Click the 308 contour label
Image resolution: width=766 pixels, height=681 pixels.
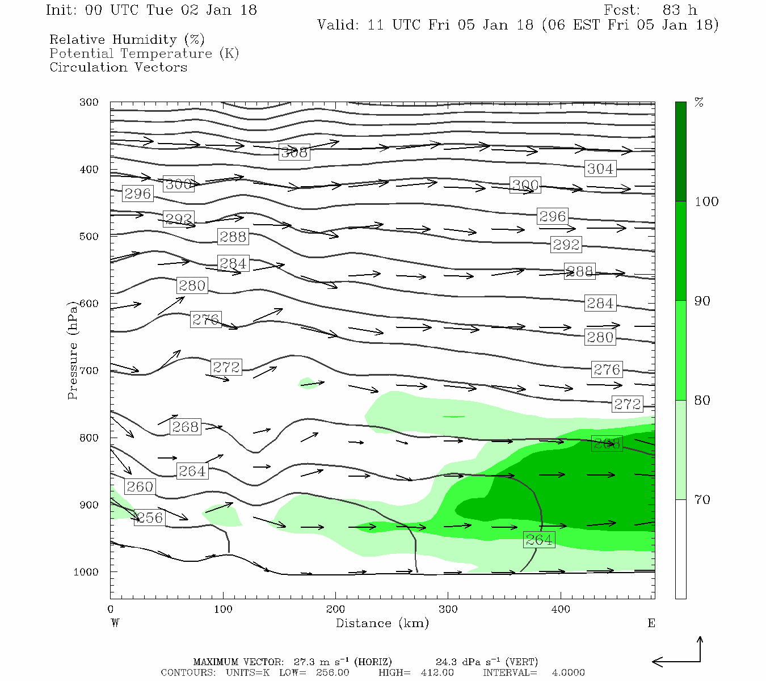pos(294,152)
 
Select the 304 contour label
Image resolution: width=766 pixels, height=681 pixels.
pos(600,169)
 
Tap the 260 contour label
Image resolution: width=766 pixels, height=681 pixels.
pos(140,487)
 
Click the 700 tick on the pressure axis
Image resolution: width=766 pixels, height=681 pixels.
pos(89,371)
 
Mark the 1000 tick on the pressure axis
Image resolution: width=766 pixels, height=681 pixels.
pos(86,572)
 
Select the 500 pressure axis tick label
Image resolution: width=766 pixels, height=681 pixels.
pos(89,237)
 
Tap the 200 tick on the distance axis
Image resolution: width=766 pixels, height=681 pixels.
pos(335,609)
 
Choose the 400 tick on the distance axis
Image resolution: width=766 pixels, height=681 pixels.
pos(561,609)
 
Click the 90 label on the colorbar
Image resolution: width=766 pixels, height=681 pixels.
pos(702,301)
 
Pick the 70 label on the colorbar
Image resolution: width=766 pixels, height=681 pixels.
pos(702,499)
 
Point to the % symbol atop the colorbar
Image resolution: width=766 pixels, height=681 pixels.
pos(699,103)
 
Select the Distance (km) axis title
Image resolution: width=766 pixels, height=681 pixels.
pos(382,623)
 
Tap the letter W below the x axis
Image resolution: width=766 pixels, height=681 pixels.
pos(115,623)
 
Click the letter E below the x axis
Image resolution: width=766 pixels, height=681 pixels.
pos(651,623)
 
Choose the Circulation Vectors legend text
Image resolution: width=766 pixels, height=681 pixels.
pos(118,67)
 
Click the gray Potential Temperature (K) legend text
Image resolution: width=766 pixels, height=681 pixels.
pos(144,53)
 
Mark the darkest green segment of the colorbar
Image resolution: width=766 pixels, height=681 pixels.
pos(680,152)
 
